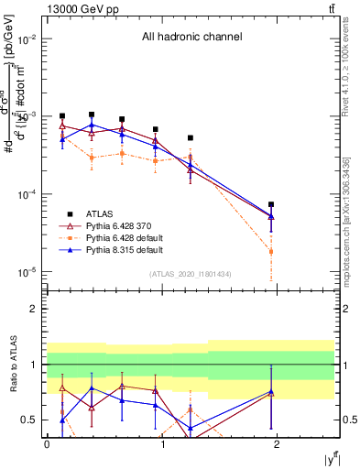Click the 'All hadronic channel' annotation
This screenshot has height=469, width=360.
191,38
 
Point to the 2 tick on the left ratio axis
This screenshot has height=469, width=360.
36,309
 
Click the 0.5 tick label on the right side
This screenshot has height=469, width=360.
349,420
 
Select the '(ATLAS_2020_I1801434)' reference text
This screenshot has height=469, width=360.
191,274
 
